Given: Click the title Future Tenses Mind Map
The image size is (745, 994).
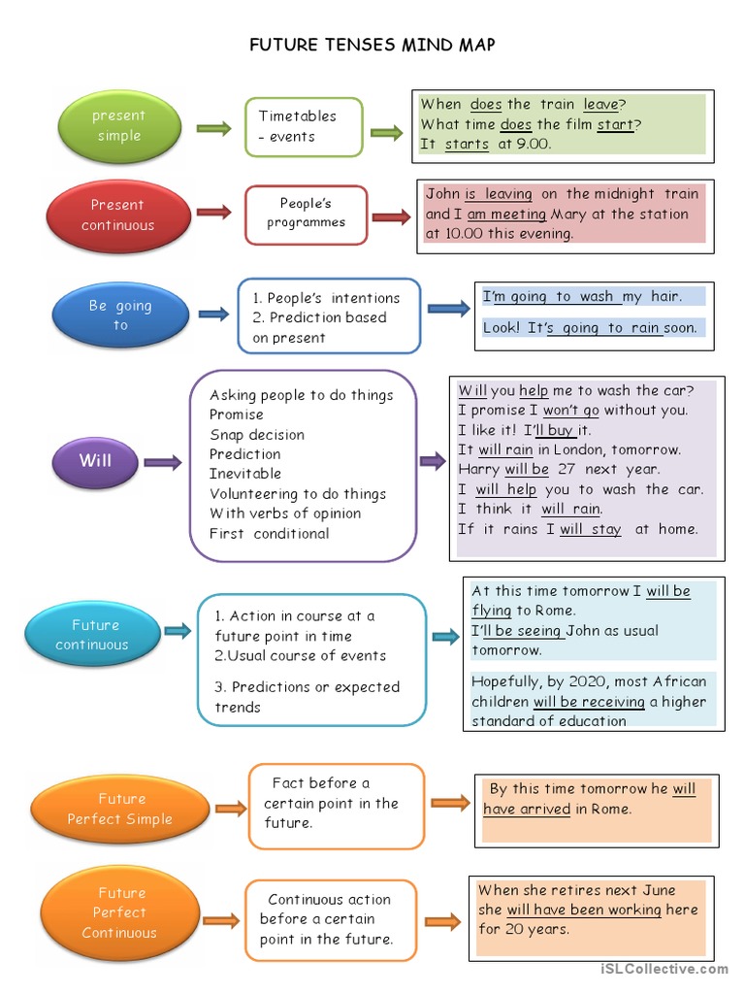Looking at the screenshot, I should (372, 45).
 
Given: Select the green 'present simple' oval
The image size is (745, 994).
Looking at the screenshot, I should (118, 126).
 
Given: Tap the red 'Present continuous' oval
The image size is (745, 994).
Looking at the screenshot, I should (117, 215).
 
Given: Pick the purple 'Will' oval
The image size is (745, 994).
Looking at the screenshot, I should (95, 461).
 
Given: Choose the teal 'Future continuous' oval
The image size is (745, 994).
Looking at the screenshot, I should (93, 635).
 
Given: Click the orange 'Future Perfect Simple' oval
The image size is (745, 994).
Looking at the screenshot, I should (120, 809).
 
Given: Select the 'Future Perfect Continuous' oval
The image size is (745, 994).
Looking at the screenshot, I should (118, 913).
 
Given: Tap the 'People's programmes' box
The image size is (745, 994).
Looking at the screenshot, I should (306, 214).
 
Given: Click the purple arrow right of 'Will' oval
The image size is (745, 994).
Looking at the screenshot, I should (162, 463).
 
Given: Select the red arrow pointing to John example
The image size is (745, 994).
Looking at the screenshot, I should (391, 217).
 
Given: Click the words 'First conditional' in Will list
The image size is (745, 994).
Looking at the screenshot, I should (269, 533).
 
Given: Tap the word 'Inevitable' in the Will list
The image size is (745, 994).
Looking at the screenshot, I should (245, 474).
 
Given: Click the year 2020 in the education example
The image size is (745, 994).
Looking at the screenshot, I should (575, 681).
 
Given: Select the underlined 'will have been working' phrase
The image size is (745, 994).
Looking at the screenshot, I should (583, 910).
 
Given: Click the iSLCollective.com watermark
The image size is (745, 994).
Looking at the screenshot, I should (664, 969).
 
